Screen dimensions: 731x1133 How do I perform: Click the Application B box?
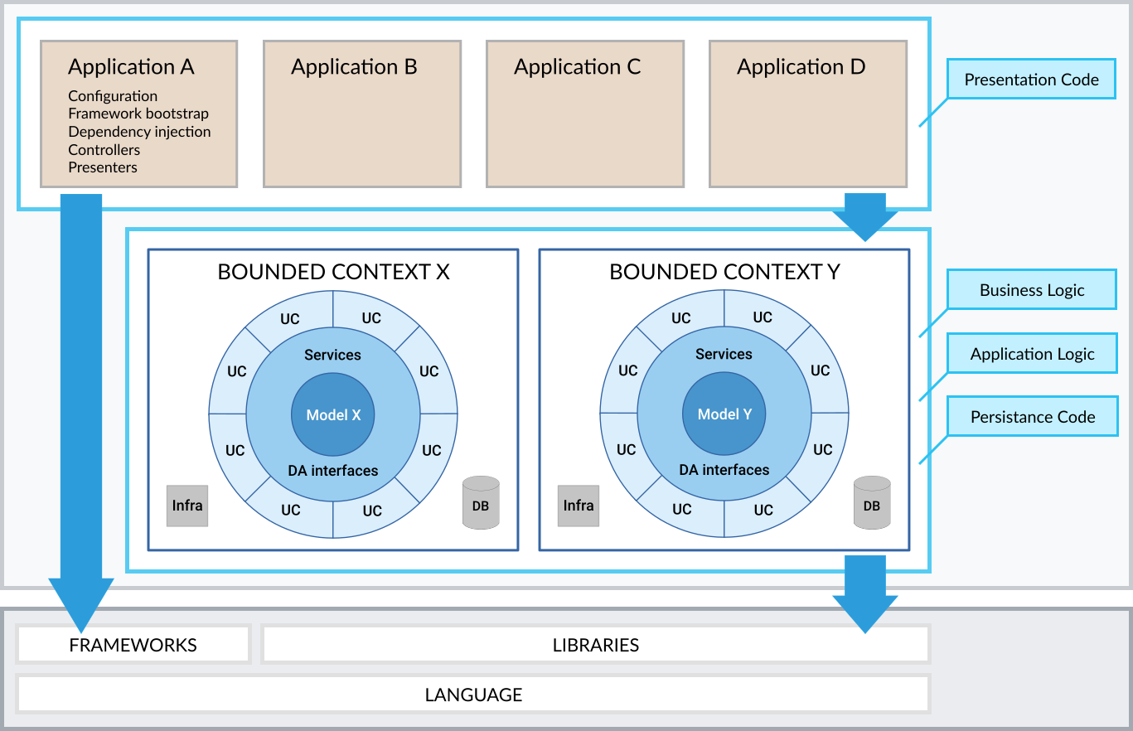point(362,114)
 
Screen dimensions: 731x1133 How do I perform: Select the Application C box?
point(585,114)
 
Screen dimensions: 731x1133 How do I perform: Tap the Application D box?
point(808,114)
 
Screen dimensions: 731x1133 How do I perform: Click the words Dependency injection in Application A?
point(139,132)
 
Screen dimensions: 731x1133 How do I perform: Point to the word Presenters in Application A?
point(103,167)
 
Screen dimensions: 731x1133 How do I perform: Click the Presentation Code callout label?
point(1031,80)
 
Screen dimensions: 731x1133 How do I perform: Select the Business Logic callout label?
point(1031,290)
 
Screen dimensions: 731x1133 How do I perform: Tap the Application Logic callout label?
point(1032,354)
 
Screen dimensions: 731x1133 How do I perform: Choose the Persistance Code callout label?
point(1032,417)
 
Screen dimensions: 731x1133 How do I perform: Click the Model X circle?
point(333,415)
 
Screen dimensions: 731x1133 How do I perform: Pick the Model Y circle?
point(724,414)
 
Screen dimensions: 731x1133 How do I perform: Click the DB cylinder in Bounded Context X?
point(481,503)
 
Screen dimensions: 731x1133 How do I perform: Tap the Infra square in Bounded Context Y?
point(579,506)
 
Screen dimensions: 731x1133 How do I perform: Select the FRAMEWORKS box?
point(133,645)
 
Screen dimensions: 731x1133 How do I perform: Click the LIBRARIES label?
point(596,645)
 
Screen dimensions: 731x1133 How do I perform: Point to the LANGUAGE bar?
point(473,695)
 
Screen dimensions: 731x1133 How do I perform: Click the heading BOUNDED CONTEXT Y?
point(724,272)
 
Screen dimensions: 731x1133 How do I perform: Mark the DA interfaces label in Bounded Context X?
point(333,471)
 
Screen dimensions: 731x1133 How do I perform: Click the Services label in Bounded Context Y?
point(724,354)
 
